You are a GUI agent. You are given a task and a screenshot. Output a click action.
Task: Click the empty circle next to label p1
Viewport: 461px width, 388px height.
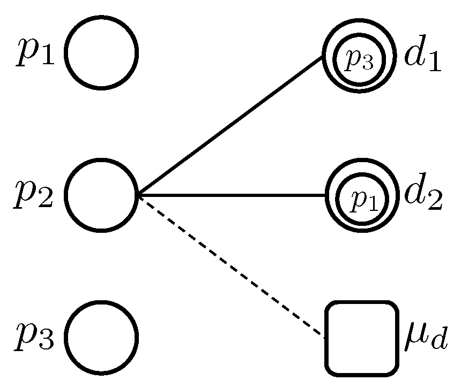[x=101, y=52]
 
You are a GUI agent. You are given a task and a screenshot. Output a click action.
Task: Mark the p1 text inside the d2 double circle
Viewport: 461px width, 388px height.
[x=364, y=200]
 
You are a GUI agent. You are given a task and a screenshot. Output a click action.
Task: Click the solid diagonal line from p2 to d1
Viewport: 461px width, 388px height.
[x=230, y=126]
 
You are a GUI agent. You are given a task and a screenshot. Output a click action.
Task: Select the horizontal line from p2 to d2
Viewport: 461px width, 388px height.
[x=230, y=195]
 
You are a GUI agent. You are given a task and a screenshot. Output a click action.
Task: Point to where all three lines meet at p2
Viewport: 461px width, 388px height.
[x=138, y=195]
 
